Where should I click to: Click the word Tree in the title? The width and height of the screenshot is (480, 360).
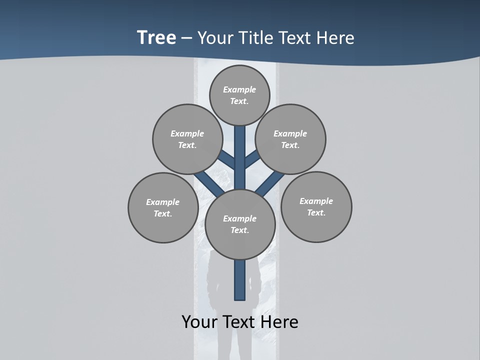[156, 38]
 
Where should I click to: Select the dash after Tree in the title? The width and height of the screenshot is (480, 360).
[186, 38]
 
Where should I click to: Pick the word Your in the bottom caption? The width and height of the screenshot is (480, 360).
[199, 322]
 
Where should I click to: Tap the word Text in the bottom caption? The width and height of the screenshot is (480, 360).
[238, 322]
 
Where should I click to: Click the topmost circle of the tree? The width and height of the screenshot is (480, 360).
[239, 95]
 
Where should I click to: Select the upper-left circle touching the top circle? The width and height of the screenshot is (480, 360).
[187, 139]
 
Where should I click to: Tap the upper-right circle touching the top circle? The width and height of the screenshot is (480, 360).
[290, 139]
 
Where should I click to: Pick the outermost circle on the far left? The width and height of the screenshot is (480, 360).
[163, 207]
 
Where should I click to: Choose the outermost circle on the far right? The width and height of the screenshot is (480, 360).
[316, 206]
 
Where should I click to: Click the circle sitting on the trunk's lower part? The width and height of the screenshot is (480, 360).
[240, 224]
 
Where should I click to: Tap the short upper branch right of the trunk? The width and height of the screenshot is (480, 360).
[252, 159]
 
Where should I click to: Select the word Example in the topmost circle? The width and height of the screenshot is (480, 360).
[239, 89]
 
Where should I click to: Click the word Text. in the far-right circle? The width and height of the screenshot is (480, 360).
[316, 212]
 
